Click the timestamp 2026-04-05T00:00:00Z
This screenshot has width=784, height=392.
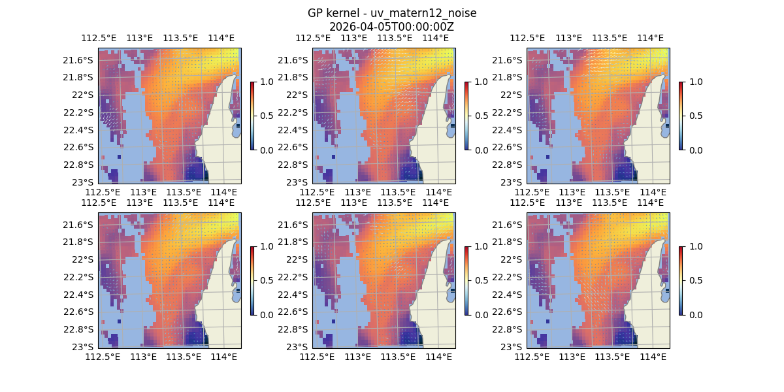(391, 27)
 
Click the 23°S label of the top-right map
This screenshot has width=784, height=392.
(516, 182)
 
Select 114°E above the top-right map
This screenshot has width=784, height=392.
(649, 38)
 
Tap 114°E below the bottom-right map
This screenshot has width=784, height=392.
(653, 357)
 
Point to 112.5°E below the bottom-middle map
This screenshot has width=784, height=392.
(317, 357)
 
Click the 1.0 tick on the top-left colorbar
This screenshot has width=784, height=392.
(266, 82)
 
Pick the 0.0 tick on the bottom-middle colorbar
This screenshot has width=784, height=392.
(480, 314)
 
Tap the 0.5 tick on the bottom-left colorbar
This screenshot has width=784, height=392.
(266, 280)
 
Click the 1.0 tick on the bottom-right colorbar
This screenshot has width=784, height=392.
(694, 246)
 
